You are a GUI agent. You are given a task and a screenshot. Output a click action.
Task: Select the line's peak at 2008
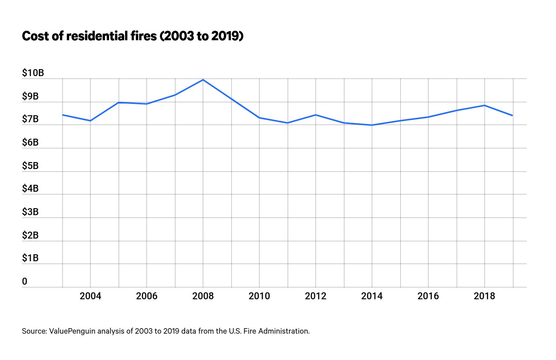pos(203,80)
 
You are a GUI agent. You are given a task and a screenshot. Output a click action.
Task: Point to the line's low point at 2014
pos(372,125)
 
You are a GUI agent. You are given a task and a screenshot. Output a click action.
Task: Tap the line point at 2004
pos(90,121)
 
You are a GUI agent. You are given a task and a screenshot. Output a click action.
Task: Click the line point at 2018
pos(485,105)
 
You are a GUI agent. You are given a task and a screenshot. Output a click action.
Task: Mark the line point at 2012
pos(316,115)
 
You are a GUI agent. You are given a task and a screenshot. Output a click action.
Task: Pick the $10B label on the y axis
pos(33,73)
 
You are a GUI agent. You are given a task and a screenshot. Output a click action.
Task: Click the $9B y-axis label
pos(30,97)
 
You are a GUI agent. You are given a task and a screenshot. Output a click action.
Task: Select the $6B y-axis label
pos(30,143)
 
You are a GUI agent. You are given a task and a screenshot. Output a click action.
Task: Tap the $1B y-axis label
pos(30,258)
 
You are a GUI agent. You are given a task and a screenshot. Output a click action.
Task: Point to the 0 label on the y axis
pos(25,282)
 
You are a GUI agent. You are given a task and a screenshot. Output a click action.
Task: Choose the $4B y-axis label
pos(30,189)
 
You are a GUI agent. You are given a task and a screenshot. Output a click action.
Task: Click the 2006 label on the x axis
pos(147,296)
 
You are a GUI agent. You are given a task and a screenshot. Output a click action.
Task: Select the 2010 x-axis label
pos(259,296)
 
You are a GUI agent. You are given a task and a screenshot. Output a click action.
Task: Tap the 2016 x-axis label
pos(428,296)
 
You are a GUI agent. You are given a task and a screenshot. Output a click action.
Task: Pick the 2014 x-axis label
pos(372,296)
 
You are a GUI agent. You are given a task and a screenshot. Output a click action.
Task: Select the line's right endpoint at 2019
pos(512,116)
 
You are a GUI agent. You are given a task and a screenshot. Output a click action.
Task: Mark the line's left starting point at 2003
pos(63,115)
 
